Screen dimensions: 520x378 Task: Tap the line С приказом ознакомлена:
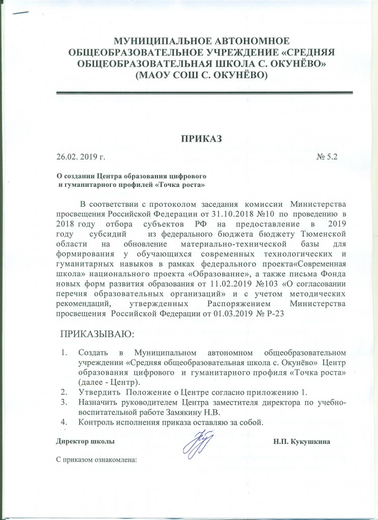pos(96,462)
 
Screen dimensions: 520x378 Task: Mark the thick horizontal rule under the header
pos(203,92)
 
